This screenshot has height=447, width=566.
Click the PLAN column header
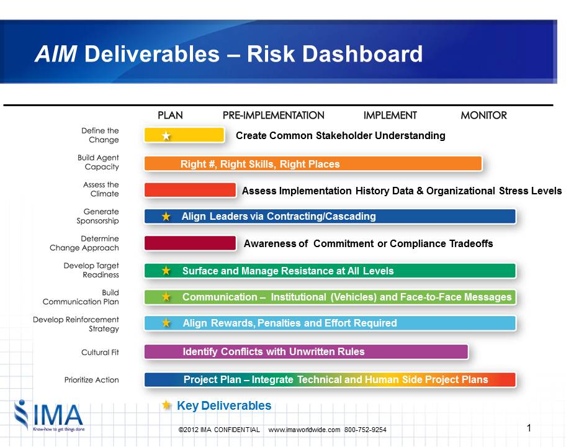pyautogui.click(x=170, y=115)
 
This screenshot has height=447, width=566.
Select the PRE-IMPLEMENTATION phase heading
pyautogui.click(x=273, y=115)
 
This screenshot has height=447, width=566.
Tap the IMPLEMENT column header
pyautogui.click(x=390, y=115)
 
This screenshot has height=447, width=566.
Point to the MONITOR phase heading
pyautogui.click(x=483, y=115)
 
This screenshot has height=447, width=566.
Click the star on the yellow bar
pyautogui.click(x=166, y=136)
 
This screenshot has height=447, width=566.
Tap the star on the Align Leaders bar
pyautogui.click(x=166, y=216)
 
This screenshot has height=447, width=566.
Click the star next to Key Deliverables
pyautogui.click(x=166, y=405)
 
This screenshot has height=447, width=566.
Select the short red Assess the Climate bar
pyautogui.click(x=190, y=190)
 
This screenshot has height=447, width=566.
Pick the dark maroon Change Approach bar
pyautogui.click(x=190, y=243)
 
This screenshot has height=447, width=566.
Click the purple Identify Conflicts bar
pyautogui.click(x=306, y=351)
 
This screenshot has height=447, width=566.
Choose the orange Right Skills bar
pyautogui.click(x=313, y=163)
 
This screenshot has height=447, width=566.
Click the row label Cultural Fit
pyautogui.click(x=100, y=353)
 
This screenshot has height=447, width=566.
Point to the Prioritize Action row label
pyautogui.click(x=91, y=380)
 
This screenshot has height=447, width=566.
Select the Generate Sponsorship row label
pyautogui.click(x=97, y=216)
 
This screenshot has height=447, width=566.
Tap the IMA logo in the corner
pyautogui.click(x=49, y=415)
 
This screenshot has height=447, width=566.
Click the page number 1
pyautogui.click(x=529, y=428)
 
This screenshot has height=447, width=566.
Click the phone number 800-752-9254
pyautogui.click(x=366, y=430)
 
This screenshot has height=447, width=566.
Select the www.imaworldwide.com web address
pyautogui.click(x=304, y=430)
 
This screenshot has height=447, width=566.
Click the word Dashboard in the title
pyautogui.click(x=362, y=54)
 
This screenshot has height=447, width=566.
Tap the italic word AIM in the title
pyautogui.click(x=56, y=54)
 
